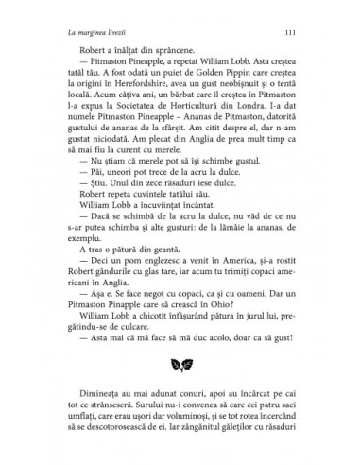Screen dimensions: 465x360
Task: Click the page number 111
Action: pyautogui.click(x=299, y=35)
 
